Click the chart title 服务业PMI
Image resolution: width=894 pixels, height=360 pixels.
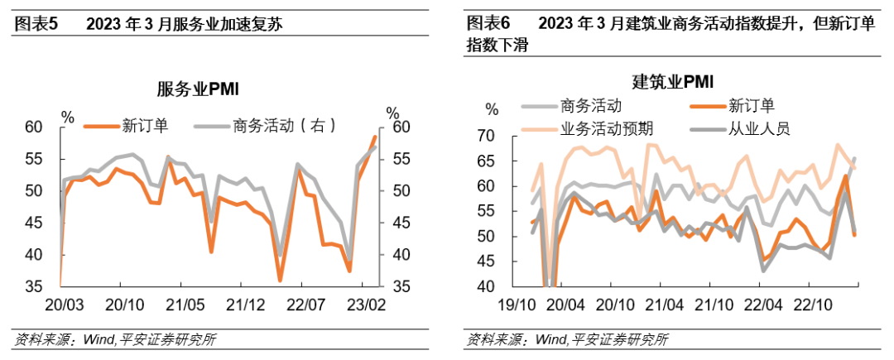(198, 89)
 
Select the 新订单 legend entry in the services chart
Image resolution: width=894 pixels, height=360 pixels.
(127, 125)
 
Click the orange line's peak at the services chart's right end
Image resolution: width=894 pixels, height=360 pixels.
(375, 137)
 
